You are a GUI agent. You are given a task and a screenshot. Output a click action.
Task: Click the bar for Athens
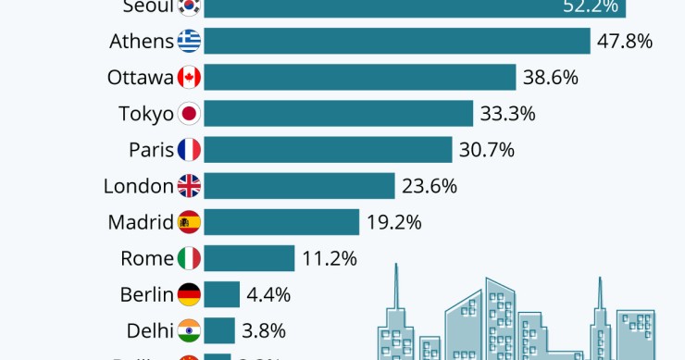(396, 42)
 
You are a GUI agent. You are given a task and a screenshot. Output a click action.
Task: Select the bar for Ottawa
(359, 78)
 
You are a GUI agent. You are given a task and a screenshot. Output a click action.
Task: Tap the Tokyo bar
(338, 114)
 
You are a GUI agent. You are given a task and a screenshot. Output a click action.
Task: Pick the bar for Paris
(328, 150)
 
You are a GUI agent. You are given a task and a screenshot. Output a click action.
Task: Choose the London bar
(299, 186)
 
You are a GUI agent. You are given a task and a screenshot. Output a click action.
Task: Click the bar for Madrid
(281, 222)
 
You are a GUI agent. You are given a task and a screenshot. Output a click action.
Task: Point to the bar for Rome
(249, 258)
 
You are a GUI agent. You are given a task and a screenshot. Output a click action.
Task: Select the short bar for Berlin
(222, 294)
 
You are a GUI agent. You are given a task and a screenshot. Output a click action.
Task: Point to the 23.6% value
(430, 186)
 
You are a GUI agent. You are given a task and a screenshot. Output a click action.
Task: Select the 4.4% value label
(268, 294)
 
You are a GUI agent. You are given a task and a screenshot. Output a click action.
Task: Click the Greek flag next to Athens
(189, 42)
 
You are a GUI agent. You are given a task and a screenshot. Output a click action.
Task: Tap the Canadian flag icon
(189, 78)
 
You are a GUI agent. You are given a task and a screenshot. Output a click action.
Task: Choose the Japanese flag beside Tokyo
(189, 114)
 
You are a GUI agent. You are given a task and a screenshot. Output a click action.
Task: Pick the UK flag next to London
(189, 186)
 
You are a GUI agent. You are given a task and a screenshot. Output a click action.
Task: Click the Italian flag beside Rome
(189, 258)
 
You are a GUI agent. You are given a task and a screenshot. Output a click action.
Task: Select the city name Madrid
(141, 222)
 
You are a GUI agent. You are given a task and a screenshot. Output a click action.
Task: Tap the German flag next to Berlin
(189, 294)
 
